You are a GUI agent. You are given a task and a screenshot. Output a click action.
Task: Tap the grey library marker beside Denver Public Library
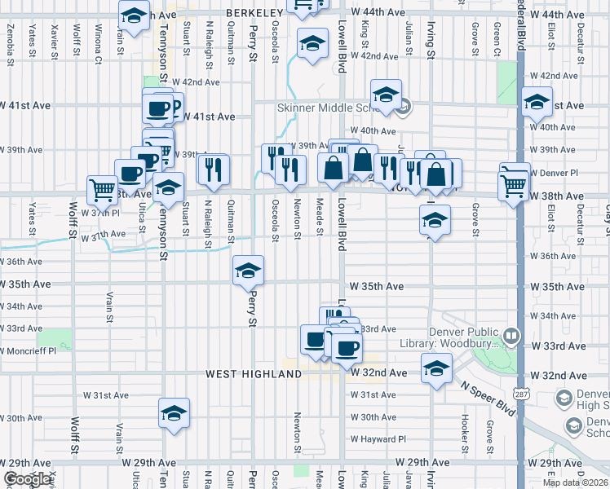coord(511,335)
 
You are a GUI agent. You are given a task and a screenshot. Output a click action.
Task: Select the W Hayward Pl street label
coord(378,439)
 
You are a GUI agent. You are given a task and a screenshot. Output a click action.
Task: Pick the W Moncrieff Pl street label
coord(30,351)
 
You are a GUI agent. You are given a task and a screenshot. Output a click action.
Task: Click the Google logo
coord(27,479)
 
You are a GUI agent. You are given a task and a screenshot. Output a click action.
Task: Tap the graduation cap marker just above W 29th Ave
coord(174,413)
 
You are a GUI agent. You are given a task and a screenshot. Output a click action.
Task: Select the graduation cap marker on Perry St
coord(248,271)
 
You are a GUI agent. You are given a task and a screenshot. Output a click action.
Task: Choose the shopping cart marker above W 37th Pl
coord(103,189)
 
